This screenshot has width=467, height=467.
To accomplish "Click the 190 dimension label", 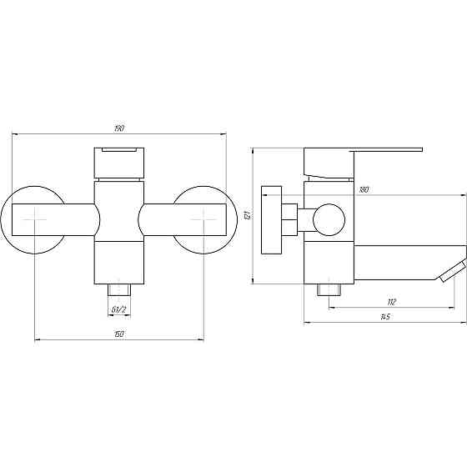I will tap(119, 128).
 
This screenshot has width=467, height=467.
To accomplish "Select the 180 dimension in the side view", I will tap(364, 190).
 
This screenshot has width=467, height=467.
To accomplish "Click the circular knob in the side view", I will tap(326, 221).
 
